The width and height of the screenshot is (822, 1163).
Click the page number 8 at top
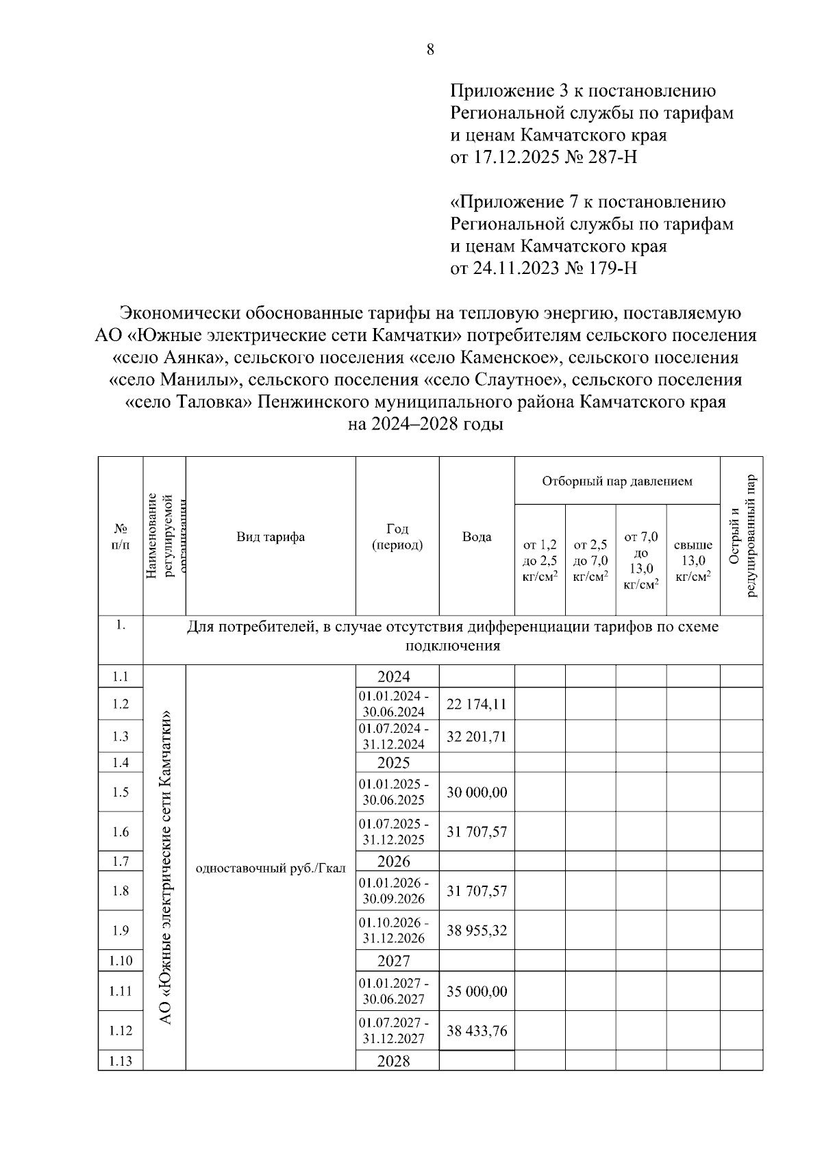point(430,49)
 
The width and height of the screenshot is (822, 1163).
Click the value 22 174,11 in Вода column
point(476,704)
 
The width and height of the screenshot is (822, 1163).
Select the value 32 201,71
point(476,736)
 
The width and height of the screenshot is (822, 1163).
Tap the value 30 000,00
point(476,792)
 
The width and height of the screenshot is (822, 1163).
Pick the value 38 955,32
point(476,930)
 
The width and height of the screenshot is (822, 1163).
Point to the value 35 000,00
point(476,991)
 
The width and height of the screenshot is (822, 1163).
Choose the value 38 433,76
point(476,1031)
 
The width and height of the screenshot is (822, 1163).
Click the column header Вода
point(476,537)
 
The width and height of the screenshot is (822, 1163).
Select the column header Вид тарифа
point(271,537)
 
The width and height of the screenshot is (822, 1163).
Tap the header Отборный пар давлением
point(616,481)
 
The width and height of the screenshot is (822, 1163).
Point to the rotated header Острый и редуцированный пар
point(742,536)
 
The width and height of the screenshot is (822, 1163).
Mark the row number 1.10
point(121,960)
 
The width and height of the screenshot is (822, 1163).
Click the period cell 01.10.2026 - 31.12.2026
point(394,930)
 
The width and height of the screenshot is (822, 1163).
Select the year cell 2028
point(394,1061)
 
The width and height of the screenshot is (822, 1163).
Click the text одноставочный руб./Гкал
point(271,868)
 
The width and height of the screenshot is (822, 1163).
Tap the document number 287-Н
point(612,158)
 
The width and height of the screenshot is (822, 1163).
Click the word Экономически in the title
point(177,313)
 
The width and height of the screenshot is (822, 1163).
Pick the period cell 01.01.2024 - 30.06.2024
point(394,704)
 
